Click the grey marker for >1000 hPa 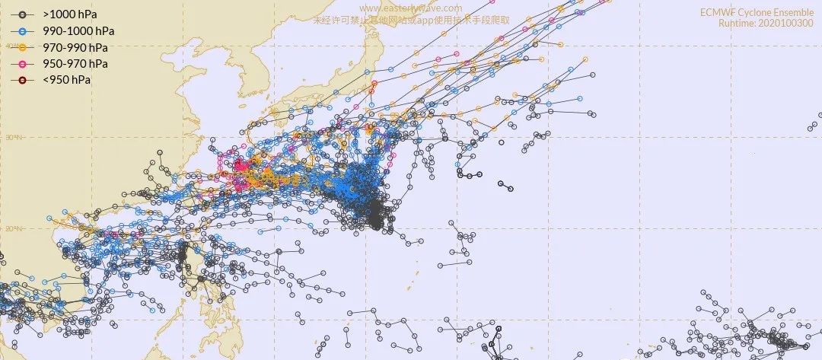23,14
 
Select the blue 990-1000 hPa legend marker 23,30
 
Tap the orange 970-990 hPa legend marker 23,47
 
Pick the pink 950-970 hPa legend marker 23,63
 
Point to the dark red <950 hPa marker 23,80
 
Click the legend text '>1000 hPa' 70,14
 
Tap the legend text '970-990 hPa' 74,47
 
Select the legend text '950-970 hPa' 74,63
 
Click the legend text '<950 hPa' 67,80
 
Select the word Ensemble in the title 794,12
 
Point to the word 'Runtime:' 738,24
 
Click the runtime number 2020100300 786,24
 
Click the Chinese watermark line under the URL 412,21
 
